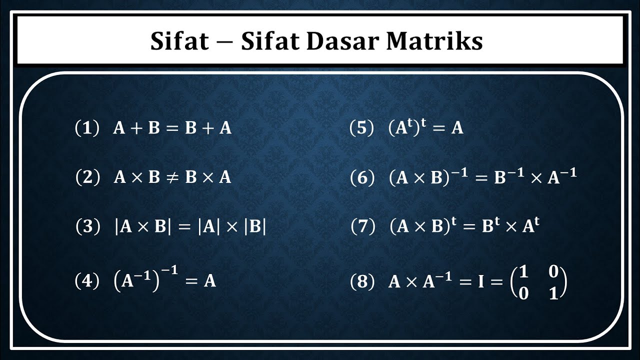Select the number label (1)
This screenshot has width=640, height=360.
(87, 128)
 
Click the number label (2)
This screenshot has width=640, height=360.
(87, 177)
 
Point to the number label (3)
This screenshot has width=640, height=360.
(87, 227)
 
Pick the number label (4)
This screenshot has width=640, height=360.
(87, 281)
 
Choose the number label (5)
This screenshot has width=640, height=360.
(362, 128)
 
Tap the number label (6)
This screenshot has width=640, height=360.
(362, 178)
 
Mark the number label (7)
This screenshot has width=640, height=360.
(363, 227)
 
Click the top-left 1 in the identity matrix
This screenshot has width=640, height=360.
(523, 271)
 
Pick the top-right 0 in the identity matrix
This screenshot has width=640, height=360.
(553, 271)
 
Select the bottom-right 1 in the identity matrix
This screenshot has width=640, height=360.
(553, 293)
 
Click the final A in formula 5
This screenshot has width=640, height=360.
(457, 128)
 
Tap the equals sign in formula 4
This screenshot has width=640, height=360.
(192, 281)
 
